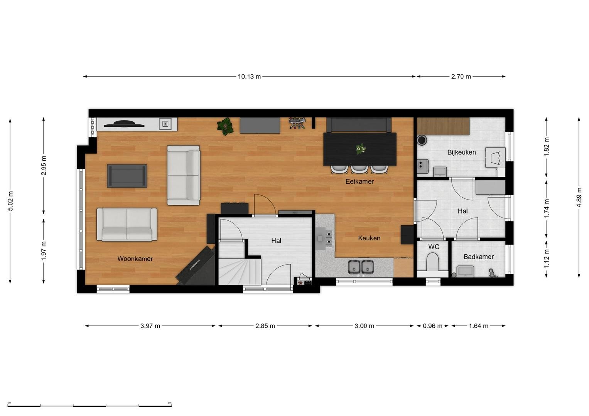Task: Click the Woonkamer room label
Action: click(x=135, y=259)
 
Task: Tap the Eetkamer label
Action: click(x=359, y=181)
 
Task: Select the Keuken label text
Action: click(x=369, y=238)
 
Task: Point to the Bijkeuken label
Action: click(x=461, y=152)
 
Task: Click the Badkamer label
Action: click(x=479, y=257)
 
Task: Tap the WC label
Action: click(x=434, y=247)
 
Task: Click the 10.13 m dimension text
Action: click(x=249, y=77)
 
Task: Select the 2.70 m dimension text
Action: click(x=461, y=77)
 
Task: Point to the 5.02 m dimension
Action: click(x=10, y=201)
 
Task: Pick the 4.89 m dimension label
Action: click(x=579, y=197)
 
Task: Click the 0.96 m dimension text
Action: click(x=432, y=326)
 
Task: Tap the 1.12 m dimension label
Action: click(x=547, y=259)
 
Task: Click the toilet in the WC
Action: click(x=432, y=262)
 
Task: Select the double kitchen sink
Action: click(x=361, y=267)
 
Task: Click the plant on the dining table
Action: click(x=361, y=149)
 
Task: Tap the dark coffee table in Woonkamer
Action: click(x=127, y=176)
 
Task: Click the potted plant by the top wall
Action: click(x=225, y=126)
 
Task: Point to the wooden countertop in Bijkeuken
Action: click(x=443, y=126)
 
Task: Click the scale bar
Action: click(x=89, y=406)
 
